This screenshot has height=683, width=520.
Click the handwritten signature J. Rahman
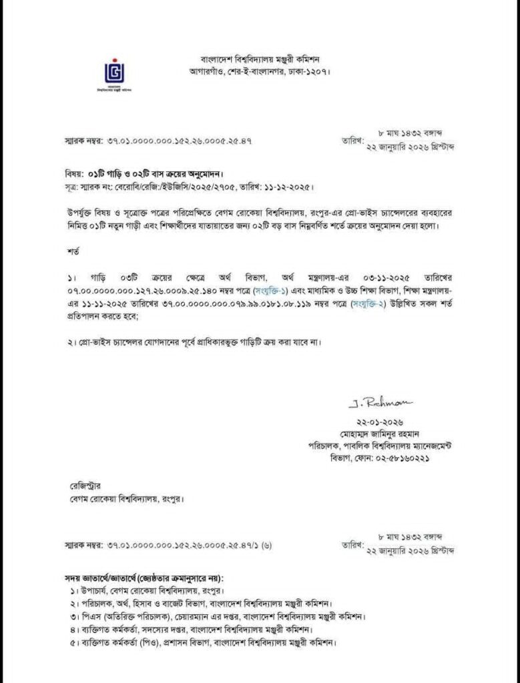(x=380, y=404)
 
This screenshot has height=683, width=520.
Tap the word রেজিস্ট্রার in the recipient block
(x=79, y=486)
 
